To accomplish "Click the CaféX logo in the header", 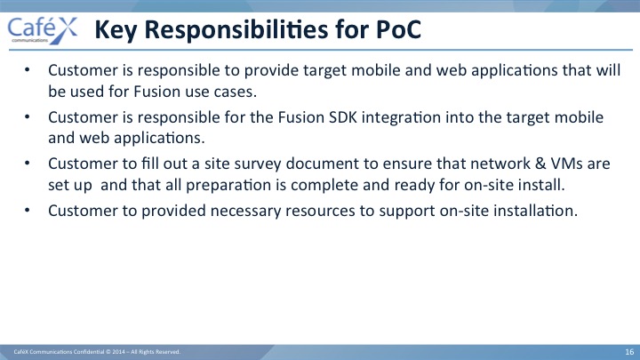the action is tap(43, 30).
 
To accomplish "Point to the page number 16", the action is tap(629, 352).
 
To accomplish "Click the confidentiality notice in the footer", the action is tap(97, 352).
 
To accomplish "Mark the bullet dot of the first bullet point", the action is tap(28, 70).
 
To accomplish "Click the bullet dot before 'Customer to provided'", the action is tap(28, 210).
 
